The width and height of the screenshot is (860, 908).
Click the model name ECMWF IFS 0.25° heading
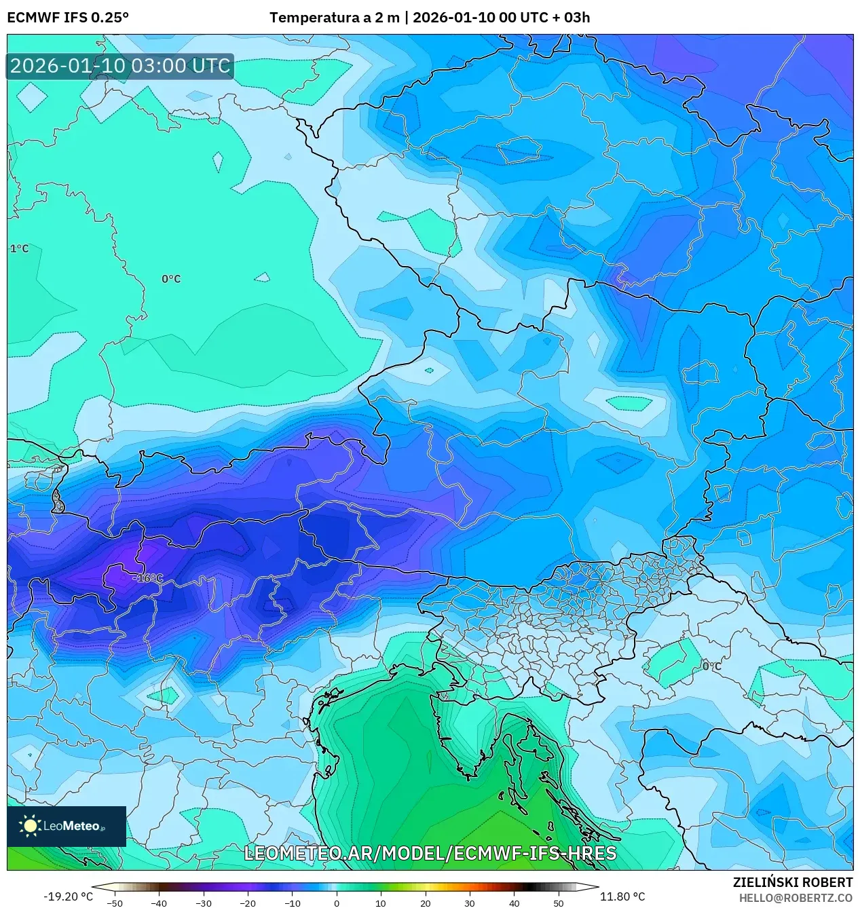68,18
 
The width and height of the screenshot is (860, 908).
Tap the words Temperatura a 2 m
334,18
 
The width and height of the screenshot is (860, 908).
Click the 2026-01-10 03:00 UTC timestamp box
120,66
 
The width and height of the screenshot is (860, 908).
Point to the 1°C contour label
20,249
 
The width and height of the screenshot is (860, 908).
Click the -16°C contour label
149,578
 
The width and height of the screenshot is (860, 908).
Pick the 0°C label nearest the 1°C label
171,279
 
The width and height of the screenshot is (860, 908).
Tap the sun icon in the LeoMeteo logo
31,826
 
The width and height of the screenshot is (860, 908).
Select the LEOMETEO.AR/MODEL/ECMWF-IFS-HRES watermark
430,853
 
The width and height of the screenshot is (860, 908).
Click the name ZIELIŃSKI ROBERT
792,882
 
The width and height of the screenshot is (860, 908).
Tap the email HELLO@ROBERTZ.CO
796,898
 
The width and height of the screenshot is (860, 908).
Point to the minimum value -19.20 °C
68,896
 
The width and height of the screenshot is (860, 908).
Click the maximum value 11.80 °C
622,896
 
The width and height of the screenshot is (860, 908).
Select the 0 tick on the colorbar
337,903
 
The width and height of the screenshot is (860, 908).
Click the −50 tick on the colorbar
115,903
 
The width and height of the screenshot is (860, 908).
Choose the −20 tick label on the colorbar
248,903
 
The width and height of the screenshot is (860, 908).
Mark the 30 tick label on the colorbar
470,903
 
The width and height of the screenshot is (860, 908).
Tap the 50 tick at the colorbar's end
558,903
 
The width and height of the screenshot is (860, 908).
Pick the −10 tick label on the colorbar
292,903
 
